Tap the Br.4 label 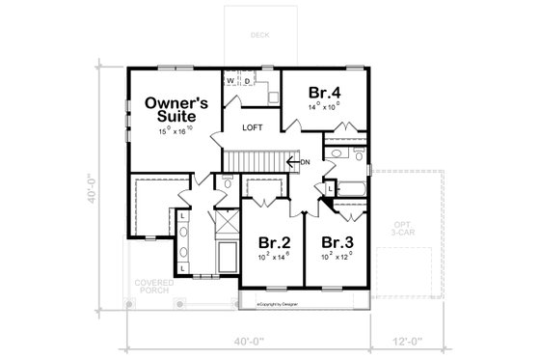point(324,93)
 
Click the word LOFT point(253,127)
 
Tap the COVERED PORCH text point(153,287)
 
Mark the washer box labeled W point(231,82)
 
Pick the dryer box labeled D point(247,82)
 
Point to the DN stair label point(306,162)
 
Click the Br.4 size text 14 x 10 point(324,108)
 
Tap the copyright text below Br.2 point(280,301)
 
